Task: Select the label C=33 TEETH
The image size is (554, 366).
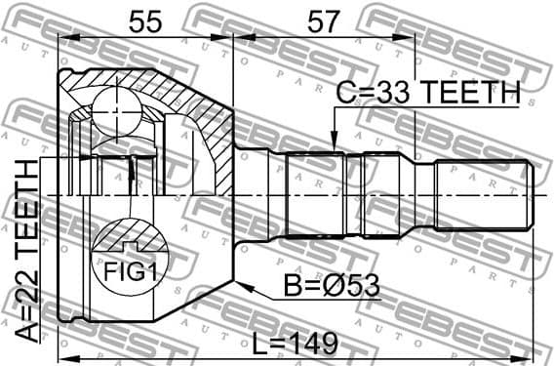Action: pos(426,94)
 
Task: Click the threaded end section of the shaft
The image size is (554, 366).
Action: pos(482,195)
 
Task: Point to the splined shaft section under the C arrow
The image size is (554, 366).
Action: pos(322,195)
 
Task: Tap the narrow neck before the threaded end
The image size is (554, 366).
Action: pos(424,195)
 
